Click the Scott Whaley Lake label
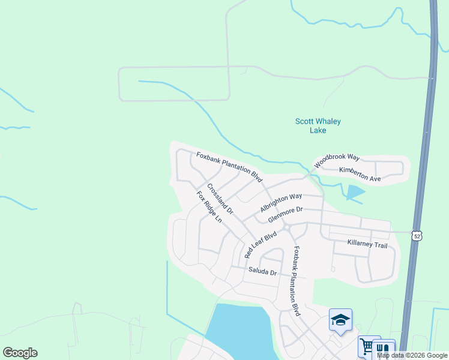point(318,125)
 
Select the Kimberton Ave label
point(360,175)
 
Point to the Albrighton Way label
point(281,202)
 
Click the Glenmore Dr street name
point(286,214)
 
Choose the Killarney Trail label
point(367,245)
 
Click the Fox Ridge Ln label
point(209,207)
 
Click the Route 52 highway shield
point(417,235)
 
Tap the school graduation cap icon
point(340,320)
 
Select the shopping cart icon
point(366,346)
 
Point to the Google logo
point(20,353)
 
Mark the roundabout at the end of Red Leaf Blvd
point(288,227)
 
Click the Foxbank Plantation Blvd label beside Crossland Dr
point(230,167)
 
